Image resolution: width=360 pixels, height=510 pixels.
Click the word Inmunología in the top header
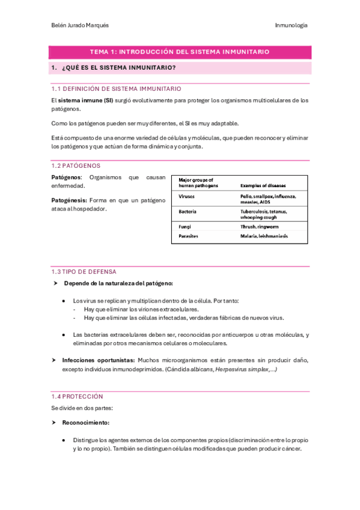(x=291, y=25)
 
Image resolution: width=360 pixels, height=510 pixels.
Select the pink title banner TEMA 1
(x=180, y=52)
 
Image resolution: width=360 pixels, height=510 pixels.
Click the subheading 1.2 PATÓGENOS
(x=76, y=165)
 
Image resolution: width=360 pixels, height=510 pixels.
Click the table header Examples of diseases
(x=263, y=186)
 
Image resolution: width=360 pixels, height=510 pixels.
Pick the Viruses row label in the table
(x=187, y=197)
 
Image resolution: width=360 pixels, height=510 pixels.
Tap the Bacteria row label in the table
(x=188, y=212)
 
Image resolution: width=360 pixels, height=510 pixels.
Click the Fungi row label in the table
(x=185, y=227)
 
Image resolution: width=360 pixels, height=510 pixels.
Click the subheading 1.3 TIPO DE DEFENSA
(x=84, y=272)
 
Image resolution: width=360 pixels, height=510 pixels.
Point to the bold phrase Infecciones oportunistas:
(x=99, y=360)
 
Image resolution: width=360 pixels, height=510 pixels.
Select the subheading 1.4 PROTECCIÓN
(x=78, y=396)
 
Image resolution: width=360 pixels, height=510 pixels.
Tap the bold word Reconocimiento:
(x=86, y=423)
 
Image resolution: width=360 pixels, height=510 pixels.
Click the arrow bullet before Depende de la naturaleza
(x=55, y=283)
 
